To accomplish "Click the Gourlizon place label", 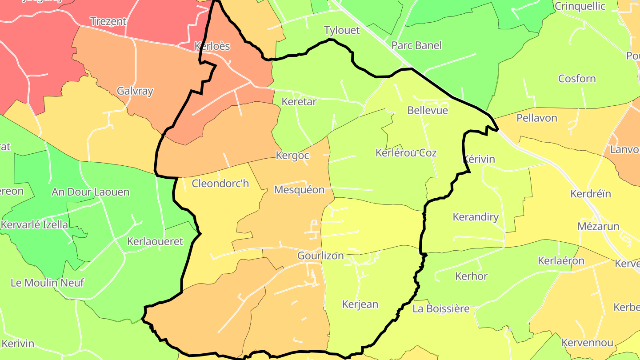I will point(320,256).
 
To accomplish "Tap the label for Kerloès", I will point(212,46).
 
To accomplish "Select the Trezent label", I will point(108,21).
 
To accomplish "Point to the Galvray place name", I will point(135,91).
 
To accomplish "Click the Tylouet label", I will point(342,31).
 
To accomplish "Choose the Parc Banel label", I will point(416,45).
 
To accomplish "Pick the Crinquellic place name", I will point(580,6).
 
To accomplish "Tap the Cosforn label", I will point(577,79).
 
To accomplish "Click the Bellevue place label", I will point(428,110).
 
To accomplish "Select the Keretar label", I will point(299,102).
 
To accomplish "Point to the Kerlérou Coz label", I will point(406,153).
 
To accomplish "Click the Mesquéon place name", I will point(299,190).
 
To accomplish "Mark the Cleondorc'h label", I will point(220,183).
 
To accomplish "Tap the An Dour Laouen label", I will point(91,192).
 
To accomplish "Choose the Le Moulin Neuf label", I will point(47,283).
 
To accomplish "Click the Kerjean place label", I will point(360,304).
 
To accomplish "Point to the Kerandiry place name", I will point(476,217).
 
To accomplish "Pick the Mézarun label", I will point(598,226).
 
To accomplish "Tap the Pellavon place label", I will point(537,118).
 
